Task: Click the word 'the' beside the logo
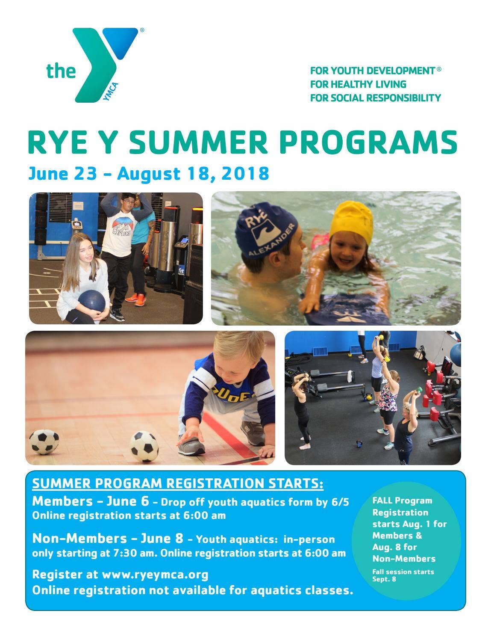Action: (61, 71)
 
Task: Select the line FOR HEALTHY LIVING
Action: (358, 84)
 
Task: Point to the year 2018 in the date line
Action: (246, 174)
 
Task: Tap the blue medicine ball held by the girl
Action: (92, 301)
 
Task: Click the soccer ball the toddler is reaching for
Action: (144, 446)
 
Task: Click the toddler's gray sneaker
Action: (192, 446)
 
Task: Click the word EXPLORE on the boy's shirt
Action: (122, 232)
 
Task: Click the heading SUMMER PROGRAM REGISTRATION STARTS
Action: (178, 483)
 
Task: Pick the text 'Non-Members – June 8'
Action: (107, 538)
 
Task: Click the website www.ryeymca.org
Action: (155, 574)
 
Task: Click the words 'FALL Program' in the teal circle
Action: (402, 501)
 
